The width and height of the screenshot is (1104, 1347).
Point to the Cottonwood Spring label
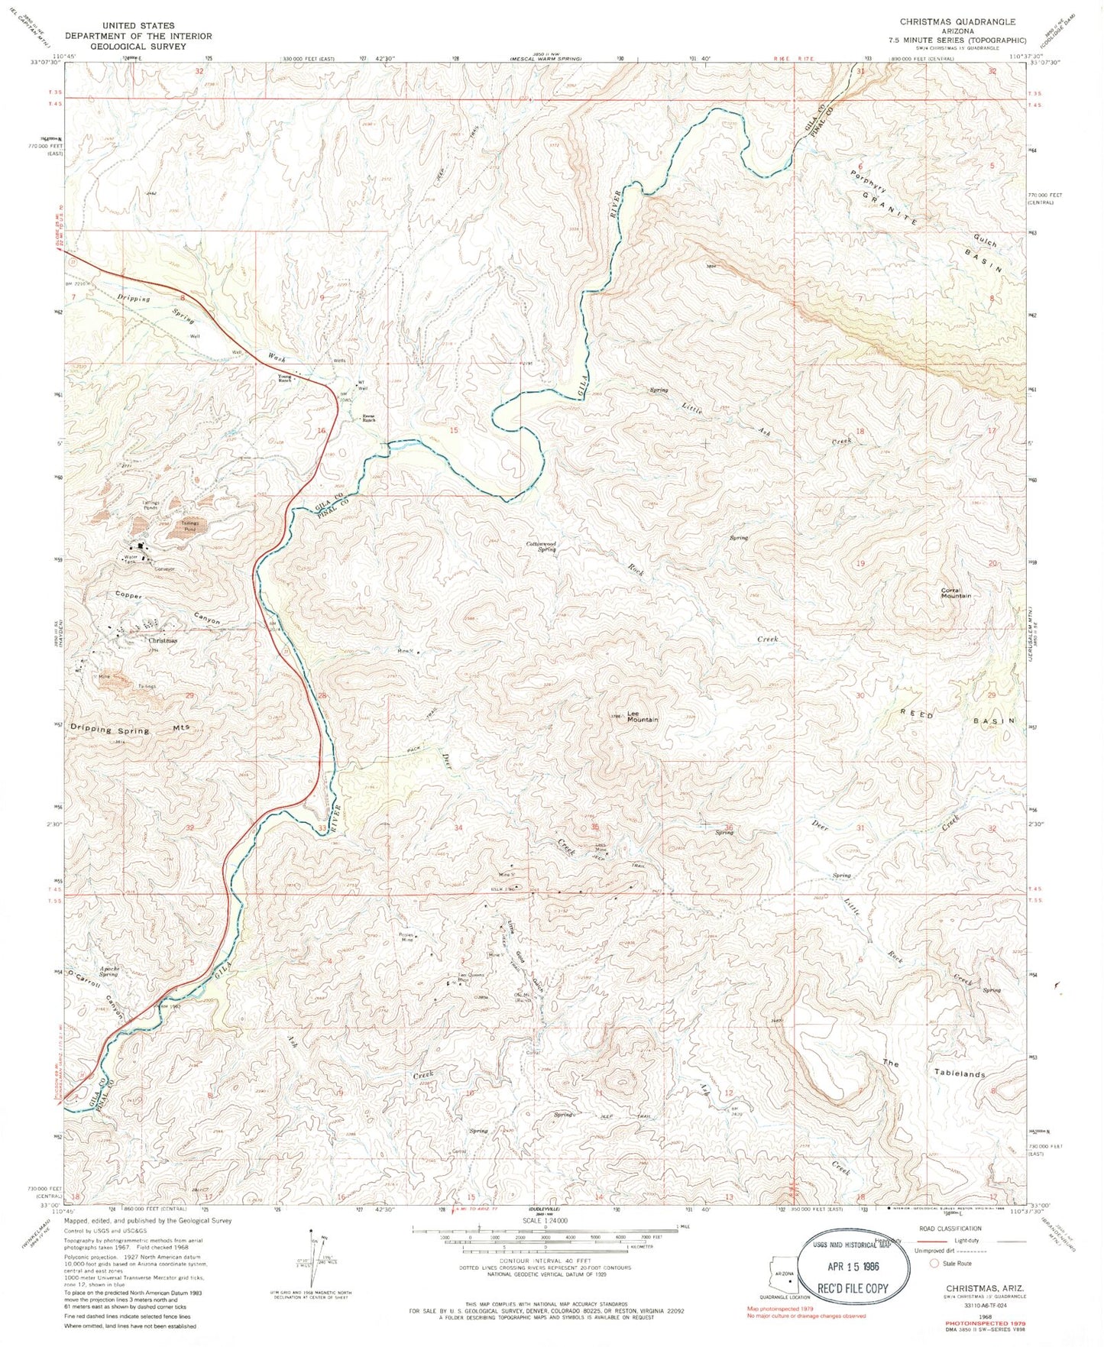[540, 546]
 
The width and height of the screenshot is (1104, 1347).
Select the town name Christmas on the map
[162, 640]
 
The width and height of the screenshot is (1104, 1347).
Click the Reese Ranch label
[369, 418]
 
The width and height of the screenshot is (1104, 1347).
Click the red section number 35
[594, 827]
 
